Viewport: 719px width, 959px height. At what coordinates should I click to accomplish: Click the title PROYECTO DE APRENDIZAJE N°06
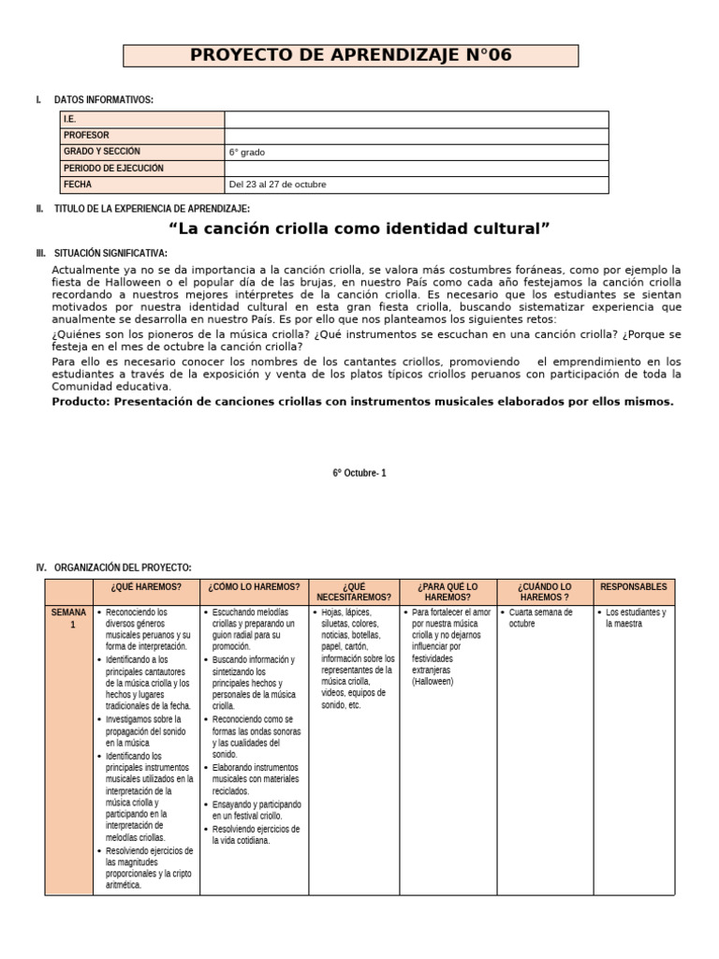coord(351,55)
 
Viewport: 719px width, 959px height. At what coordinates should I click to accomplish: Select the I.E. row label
coord(70,120)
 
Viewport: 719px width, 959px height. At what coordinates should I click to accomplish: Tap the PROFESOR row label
coord(86,136)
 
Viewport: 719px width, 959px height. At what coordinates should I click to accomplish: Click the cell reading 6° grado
coord(253,152)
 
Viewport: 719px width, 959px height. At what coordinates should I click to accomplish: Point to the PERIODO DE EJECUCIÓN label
coord(113,169)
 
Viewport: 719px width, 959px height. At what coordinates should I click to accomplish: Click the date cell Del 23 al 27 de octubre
coord(277,184)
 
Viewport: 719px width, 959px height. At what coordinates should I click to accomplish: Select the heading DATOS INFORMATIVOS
coord(104,100)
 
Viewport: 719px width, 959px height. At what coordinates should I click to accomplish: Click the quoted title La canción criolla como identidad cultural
coord(359,229)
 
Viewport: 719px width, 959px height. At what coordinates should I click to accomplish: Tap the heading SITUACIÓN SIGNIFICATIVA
coord(110,254)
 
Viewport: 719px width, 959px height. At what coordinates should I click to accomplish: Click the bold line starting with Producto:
coord(362,402)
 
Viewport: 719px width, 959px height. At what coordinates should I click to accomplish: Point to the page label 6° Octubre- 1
coord(359,473)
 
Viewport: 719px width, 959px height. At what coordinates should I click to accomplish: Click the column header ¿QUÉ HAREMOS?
coord(145,587)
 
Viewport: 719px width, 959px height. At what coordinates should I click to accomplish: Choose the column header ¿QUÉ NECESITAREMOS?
coord(354,592)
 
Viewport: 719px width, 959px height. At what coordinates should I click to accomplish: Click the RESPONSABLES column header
coord(634,587)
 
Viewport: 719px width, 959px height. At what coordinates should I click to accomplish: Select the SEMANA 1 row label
coord(68,618)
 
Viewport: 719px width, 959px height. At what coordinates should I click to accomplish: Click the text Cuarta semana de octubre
coord(540,617)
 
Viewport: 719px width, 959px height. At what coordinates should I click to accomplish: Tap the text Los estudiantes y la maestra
coord(636,617)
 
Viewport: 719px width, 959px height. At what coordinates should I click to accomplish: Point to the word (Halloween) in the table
coord(433,682)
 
